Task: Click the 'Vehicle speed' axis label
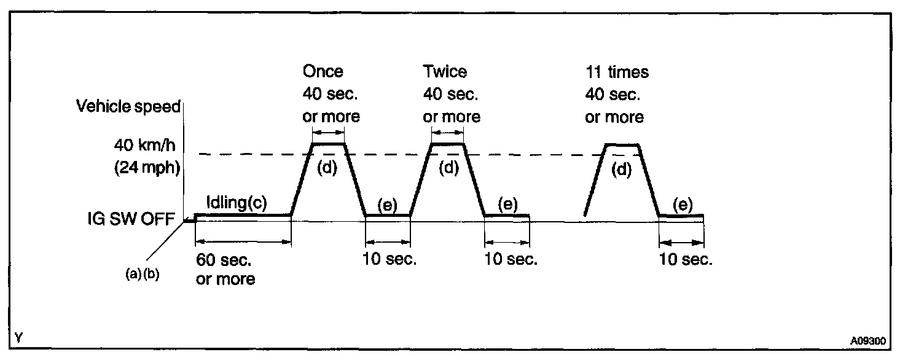tap(128, 106)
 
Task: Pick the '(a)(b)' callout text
tap(142, 274)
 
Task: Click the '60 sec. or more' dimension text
tap(225, 269)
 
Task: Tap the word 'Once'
tap(323, 71)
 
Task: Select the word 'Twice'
tap(445, 71)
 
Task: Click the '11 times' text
tap(617, 72)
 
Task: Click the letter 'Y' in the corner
tap(20, 337)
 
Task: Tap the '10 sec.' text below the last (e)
tap(686, 259)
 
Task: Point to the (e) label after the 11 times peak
tap(683, 205)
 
